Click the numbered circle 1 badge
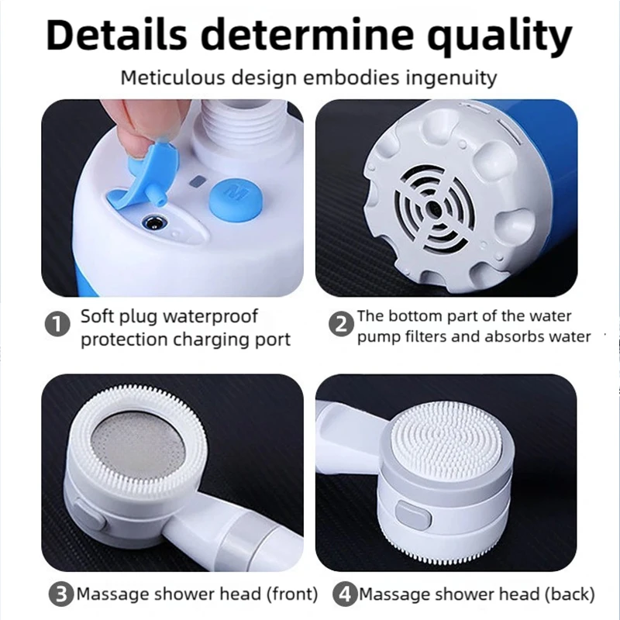point(57,325)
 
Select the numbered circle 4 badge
point(344,594)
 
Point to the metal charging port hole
point(154,223)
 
